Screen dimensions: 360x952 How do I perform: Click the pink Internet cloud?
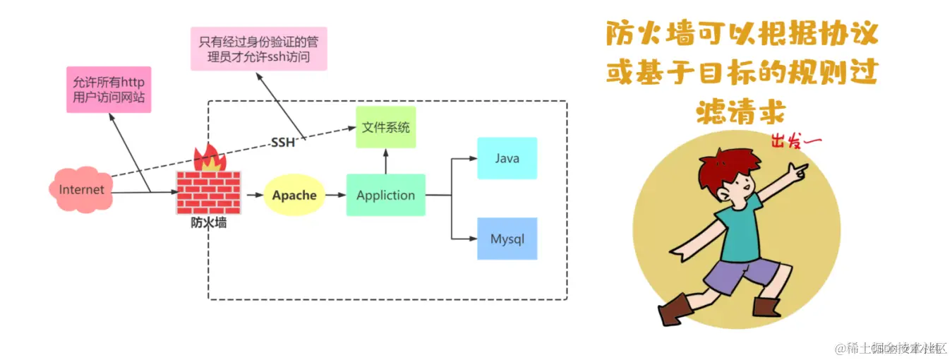click(80, 189)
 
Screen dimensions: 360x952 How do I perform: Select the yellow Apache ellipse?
click(294, 195)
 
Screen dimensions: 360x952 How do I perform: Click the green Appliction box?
click(385, 195)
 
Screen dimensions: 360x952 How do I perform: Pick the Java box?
click(507, 158)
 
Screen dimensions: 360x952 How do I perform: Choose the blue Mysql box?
click(507, 239)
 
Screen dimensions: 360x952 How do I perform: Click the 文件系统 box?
click(385, 128)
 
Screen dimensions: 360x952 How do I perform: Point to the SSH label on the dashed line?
click(283, 143)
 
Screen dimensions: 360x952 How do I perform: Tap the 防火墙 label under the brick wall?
click(209, 223)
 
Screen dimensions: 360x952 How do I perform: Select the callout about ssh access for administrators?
click(258, 49)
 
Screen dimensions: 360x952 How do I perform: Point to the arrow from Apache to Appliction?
click(335, 195)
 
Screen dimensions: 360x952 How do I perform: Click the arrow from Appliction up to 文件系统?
click(385, 162)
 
